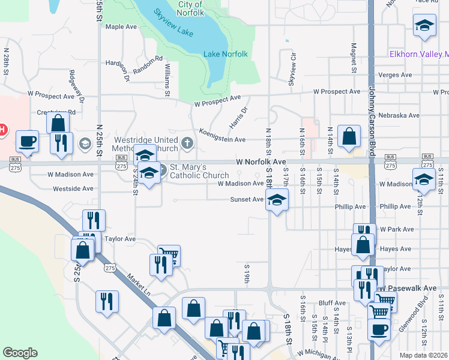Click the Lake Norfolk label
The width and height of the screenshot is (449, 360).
click(226, 54)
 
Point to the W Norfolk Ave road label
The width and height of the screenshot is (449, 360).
click(261, 162)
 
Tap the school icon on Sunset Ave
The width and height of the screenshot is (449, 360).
click(277, 200)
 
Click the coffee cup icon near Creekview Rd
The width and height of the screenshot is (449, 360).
click(26, 142)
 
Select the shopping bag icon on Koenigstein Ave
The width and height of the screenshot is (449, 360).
click(349, 136)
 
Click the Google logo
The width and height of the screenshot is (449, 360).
click(20, 353)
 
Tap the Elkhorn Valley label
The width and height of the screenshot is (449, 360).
click(418, 54)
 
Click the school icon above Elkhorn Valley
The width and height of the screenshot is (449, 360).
click(424, 26)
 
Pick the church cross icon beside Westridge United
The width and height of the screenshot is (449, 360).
click(187, 143)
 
